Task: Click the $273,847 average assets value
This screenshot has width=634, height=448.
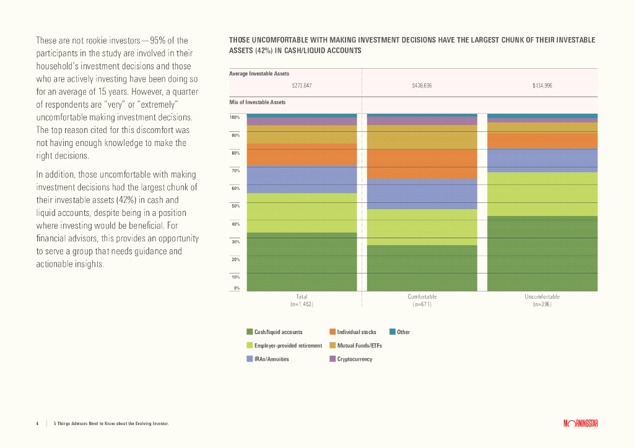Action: pos(302,85)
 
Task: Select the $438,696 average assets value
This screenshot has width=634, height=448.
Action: pos(422,85)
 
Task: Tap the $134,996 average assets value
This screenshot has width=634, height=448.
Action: pos(542,85)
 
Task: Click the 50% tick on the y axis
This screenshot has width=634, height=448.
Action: pos(235,206)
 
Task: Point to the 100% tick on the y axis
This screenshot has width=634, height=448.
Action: pos(235,117)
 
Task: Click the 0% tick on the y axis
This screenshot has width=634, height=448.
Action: pos(236,288)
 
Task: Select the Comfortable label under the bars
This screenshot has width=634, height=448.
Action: pos(422,297)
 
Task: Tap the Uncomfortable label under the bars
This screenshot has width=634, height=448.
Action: pos(542,297)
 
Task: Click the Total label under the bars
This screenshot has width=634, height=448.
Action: pos(302,297)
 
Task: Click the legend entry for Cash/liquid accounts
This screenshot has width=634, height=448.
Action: pos(278,332)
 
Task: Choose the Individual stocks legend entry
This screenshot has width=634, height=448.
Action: pos(356,332)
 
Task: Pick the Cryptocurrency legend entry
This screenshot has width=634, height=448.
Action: pos(354,359)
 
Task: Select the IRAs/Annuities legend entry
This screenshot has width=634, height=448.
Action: pos(271,359)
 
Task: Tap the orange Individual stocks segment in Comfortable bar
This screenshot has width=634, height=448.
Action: pos(422,164)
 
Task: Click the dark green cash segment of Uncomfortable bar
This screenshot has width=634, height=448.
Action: pos(542,253)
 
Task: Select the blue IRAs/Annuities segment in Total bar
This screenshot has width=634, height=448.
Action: pos(302,179)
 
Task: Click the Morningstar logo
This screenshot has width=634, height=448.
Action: pos(580,423)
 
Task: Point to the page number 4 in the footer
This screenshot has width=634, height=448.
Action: pos(37,423)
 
